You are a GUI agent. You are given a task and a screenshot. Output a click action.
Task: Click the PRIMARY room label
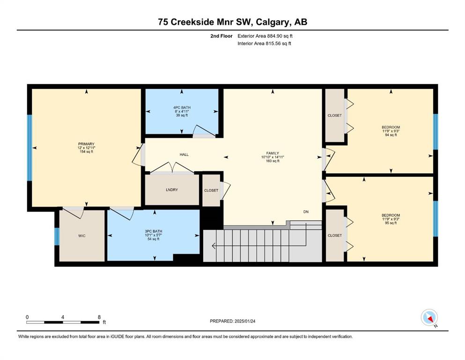click(86, 144)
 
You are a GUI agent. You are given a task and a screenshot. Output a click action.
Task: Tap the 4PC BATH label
click(182, 107)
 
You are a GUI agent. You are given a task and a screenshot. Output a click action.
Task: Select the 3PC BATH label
click(153, 231)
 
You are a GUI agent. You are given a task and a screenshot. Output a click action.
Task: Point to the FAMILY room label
click(273, 153)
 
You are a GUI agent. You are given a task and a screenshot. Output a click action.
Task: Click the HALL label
click(184, 155)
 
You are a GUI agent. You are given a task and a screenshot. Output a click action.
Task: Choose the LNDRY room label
click(172, 190)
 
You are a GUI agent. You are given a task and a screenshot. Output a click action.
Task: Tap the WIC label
click(82, 236)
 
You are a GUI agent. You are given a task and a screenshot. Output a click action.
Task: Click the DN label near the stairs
click(306, 211)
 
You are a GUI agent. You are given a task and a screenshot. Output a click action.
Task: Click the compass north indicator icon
click(429, 318)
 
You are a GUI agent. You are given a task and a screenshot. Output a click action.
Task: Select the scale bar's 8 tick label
click(99, 317)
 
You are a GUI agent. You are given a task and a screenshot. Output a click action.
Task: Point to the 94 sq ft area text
click(391, 135)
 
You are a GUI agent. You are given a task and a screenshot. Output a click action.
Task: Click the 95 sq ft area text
click(391, 223)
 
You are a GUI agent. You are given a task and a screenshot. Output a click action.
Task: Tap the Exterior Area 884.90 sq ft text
click(265, 36)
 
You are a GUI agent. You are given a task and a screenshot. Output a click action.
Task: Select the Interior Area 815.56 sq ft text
click(264, 43)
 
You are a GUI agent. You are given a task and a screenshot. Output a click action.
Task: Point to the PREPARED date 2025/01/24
click(245, 321)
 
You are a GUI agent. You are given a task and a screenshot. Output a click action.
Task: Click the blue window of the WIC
click(57, 236)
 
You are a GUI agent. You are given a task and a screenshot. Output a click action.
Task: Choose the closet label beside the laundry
click(211, 190)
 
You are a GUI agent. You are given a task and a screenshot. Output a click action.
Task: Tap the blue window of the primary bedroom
click(30, 148)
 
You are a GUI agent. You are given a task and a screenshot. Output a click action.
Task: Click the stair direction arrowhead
click(214, 246)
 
